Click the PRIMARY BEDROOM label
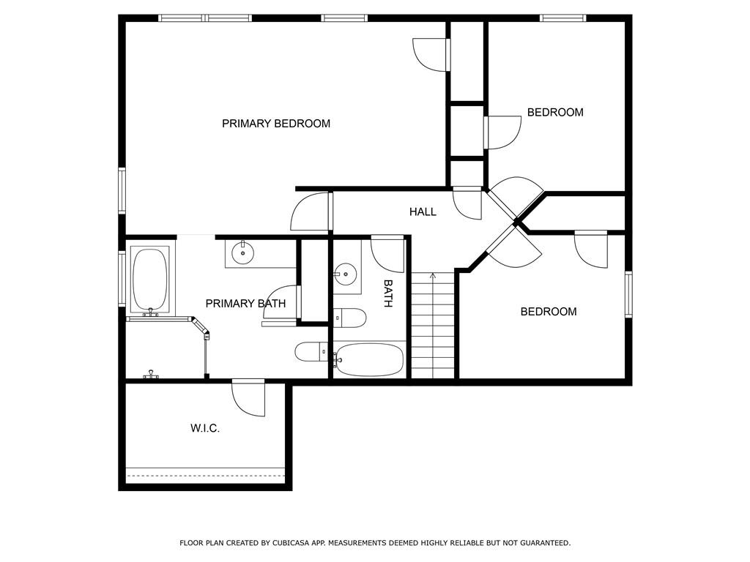pos(276,124)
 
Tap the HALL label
pos(423,211)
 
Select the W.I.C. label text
pos(205,428)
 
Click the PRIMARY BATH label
pos(245,304)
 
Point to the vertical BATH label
pos(388,293)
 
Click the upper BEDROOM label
pos(555,112)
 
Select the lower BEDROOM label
pos(549,312)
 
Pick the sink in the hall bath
pos(345,275)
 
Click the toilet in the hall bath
pos(350,318)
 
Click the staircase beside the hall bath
pos(432,326)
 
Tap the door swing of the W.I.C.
pos(248,400)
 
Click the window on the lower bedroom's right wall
pos(628,294)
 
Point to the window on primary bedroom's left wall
pos(122,190)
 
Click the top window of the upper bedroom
pos(562,18)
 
